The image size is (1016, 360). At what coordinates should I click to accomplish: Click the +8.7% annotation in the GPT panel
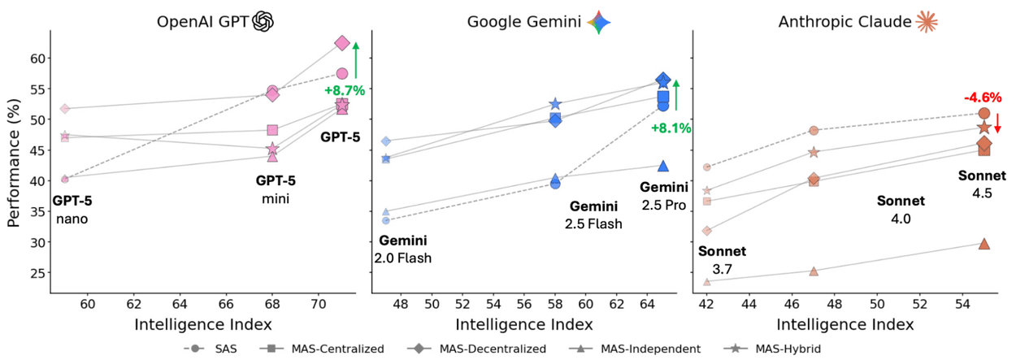344,90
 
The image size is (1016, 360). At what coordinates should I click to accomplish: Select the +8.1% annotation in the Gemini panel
671,127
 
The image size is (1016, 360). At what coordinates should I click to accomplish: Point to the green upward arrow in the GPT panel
356,60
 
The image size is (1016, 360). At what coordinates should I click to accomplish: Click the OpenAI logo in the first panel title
263,21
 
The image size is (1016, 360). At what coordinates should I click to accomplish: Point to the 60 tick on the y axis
36,59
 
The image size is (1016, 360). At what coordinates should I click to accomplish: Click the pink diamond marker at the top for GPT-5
342,43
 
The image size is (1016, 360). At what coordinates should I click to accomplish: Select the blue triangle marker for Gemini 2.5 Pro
663,166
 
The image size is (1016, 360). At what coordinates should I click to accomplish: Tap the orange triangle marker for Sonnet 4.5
984,244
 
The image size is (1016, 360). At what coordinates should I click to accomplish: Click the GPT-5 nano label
72,210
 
